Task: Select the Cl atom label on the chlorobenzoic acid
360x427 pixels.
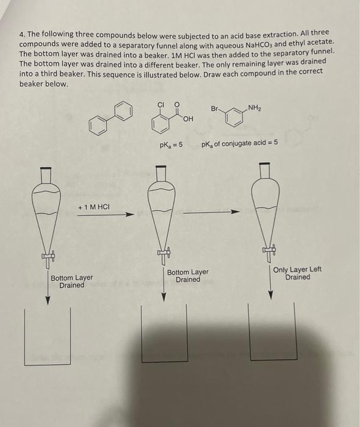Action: pyautogui.click(x=162, y=104)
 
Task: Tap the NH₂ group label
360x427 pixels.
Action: pyautogui.click(x=256, y=108)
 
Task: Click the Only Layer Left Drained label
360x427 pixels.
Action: pyautogui.click(x=297, y=273)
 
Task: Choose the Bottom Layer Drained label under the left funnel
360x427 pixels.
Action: pyautogui.click(x=71, y=281)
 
